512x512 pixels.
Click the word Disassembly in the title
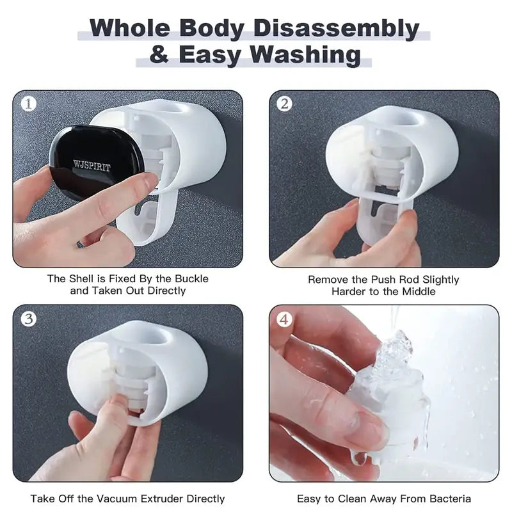click(x=337, y=29)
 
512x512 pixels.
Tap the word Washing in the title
click(x=305, y=56)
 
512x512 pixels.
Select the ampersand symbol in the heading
click(x=159, y=54)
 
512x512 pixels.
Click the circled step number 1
click(x=28, y=104)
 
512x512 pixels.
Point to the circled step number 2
click(x=284, y=104)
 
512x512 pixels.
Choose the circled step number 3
click(x=28, y=319)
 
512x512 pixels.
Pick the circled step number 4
click(x=284, y=319)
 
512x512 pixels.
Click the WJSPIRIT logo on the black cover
click(x=92, y=165)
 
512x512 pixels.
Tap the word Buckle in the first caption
click(x=191, y=278)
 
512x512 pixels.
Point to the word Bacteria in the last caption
click(x=451, y=499)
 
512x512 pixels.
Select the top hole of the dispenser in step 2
click(x=404, y=120)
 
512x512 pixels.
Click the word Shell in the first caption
click(x=83, y=278)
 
